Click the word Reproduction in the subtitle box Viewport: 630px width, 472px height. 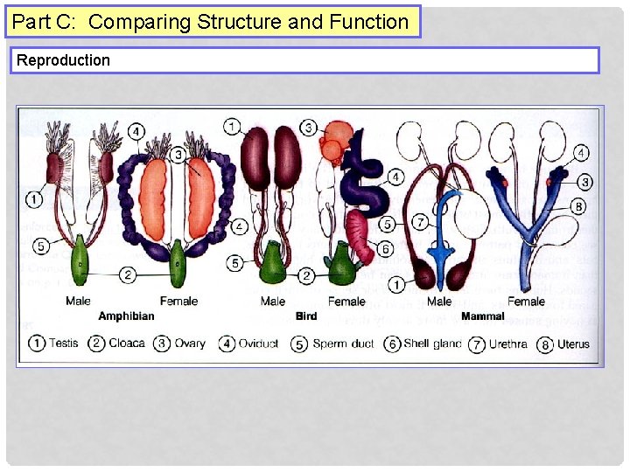click(x=64, y=60)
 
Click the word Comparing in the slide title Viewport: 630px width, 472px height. click(x=139, y=22)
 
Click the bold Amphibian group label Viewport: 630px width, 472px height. click(x=126, y=316)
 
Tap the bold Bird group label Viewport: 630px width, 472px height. click(x=306, y=316)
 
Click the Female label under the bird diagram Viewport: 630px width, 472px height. click(x=346, y=302)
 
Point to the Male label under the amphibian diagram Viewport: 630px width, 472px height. click(x=78, y=302)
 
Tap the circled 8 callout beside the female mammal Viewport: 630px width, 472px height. click(x=578, y=207)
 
